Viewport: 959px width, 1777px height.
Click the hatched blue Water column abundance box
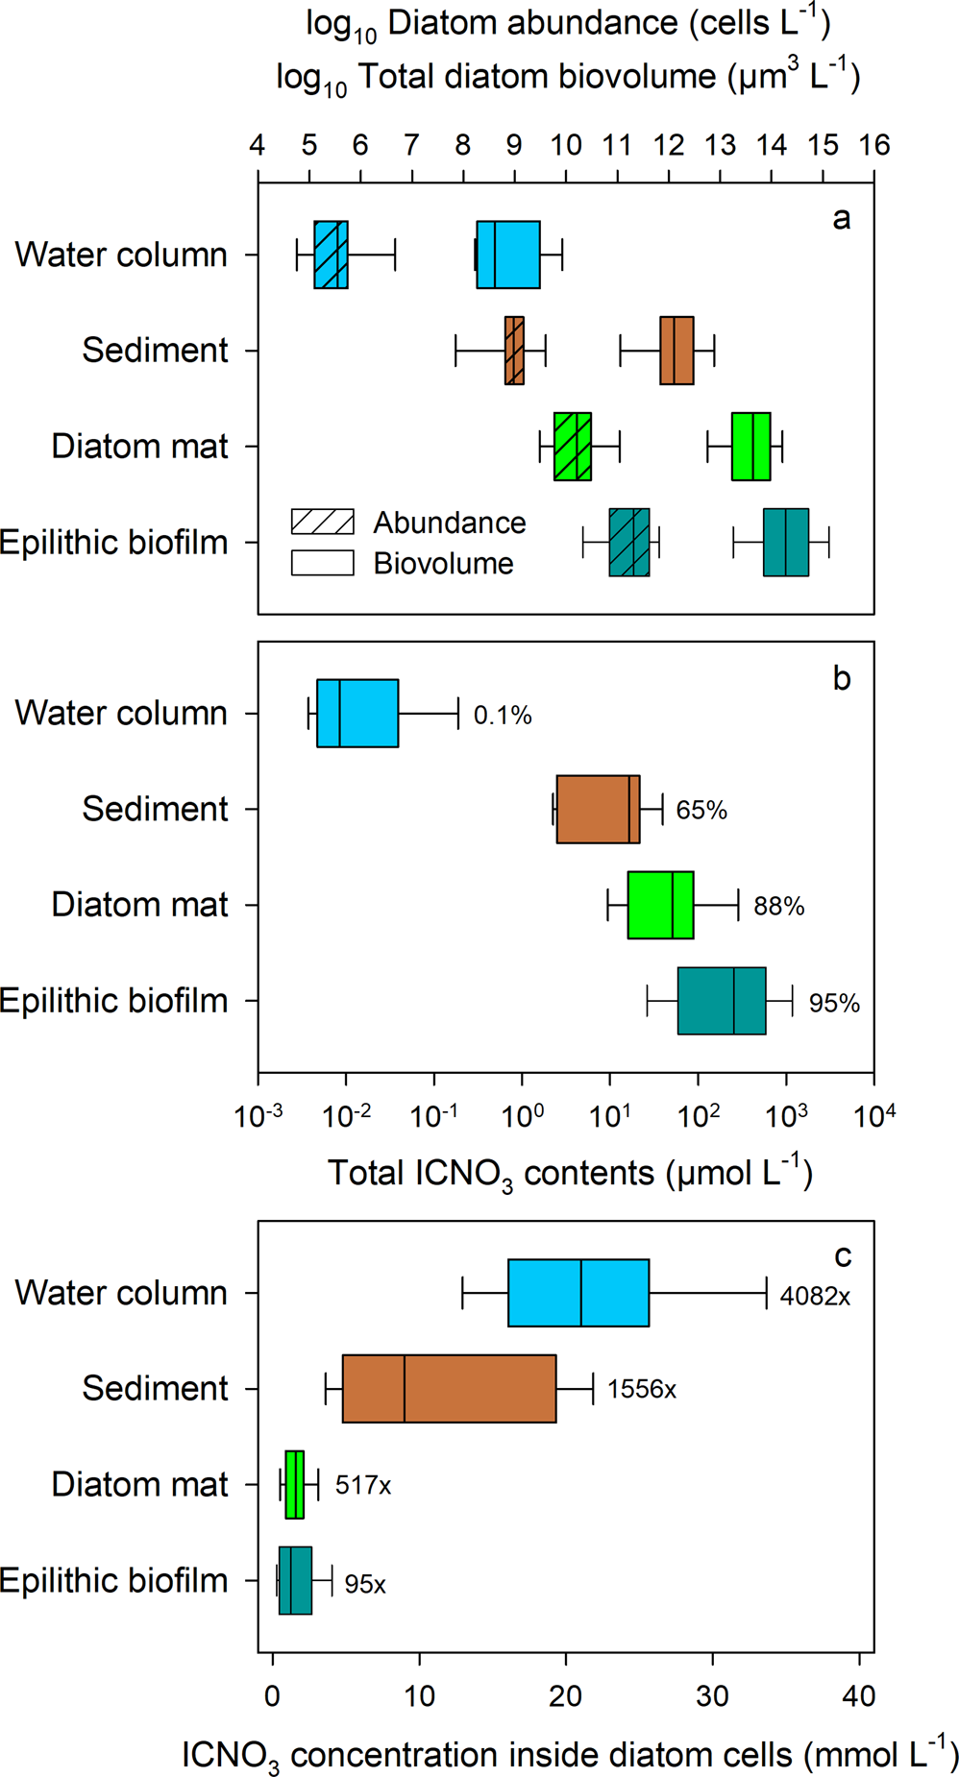point(331,255)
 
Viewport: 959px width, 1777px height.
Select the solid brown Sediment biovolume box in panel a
point(676,351)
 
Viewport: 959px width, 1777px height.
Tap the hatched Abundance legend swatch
point(323,522)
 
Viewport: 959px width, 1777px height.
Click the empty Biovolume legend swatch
point(323,563)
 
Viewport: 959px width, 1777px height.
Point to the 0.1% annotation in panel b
point(503,716)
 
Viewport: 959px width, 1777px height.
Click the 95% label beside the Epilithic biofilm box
point(833,1004)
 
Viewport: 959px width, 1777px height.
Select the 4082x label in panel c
point(815,1297)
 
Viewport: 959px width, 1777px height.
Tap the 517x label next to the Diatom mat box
point(362,1486)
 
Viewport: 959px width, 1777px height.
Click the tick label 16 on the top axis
point(873,145)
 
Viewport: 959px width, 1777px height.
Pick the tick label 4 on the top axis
point(257,145)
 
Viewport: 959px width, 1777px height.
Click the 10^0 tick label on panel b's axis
point(523,1116)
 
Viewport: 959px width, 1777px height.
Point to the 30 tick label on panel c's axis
point(712,1696)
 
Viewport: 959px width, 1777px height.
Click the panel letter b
point(842,679)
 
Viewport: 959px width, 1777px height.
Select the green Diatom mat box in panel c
point(295,1484)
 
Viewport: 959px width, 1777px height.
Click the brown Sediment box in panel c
point(449,1388)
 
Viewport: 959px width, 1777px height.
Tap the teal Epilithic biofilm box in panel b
point(721,1001)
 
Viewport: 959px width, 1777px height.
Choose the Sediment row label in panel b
point(155,809)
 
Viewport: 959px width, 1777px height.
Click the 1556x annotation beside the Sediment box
point(641,1390)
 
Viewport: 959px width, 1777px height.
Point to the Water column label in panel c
point(121,1293)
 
